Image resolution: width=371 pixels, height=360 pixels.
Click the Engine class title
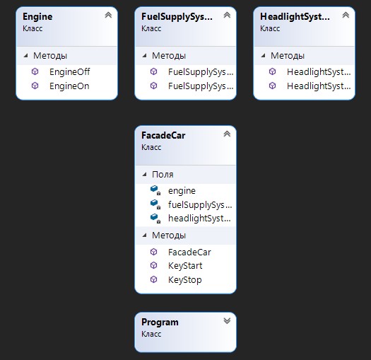coord(37,17)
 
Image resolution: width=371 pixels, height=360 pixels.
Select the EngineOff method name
coord(69,71)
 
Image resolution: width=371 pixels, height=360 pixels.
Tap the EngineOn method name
coord(69,86)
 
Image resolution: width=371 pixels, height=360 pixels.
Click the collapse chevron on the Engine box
coord(108,15)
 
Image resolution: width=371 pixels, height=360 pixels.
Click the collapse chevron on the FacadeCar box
coord(227,134)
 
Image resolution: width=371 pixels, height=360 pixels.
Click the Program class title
coord(160,323)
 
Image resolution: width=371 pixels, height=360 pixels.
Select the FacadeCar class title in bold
coord(163,136)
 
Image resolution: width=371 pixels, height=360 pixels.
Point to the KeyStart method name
coord(185,266)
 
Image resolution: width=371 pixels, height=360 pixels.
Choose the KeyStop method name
coord(184,280)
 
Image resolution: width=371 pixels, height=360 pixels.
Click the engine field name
coord(182,191)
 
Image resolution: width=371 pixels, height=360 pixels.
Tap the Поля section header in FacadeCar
coord(163,175)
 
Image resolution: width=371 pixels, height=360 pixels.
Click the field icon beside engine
coord(155,190)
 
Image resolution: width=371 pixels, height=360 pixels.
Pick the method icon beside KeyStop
coord(154,279)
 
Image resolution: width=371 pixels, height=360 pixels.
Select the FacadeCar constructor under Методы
coord(189,252)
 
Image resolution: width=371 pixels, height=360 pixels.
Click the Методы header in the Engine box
coord(50,56)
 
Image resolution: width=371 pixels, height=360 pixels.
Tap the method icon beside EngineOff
coord(35,71)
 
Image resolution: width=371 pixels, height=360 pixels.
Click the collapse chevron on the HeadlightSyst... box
coord(346,15)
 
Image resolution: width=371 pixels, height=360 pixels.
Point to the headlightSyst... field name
coord(199,219)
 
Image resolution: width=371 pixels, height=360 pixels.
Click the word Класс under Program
coord(151,334)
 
